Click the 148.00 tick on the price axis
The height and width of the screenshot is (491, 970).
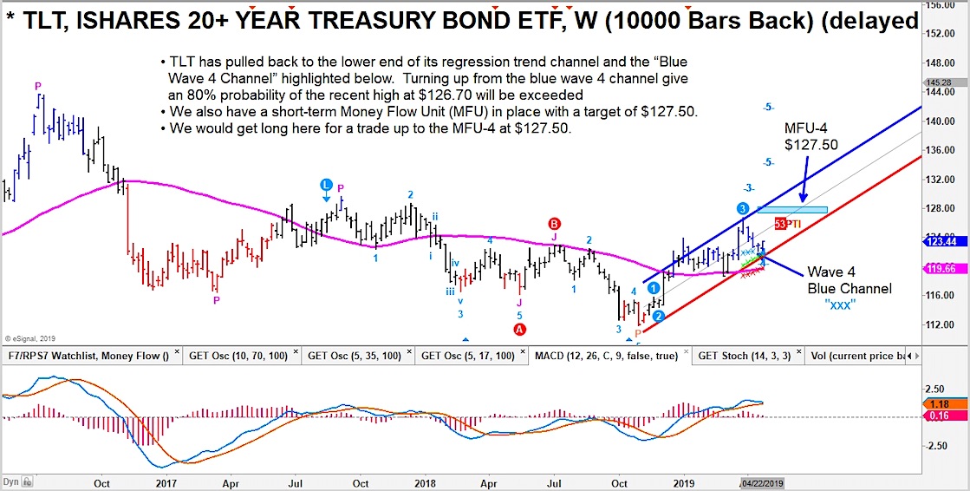point(953,63)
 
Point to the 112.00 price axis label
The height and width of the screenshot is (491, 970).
point(953,324)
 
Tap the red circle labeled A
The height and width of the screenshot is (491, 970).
point(520,330)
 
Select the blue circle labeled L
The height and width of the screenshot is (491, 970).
point(326,185)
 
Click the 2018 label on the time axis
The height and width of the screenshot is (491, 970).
point(425,482)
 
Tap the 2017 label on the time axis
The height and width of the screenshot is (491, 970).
point(164,482)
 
